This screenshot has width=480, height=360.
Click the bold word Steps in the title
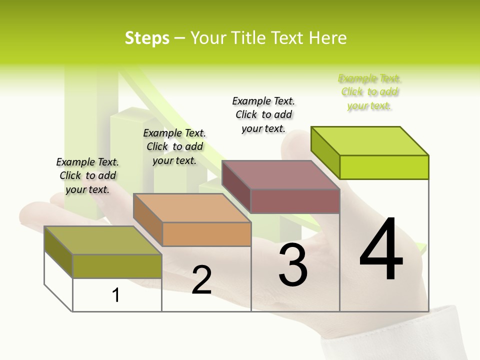click(x=147, y=38)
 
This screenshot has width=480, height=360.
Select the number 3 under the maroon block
click(x=293, y=265)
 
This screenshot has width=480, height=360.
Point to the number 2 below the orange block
click(x=201, y=280)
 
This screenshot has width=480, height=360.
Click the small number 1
click(x=115, y=295)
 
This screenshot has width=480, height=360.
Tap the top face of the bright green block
click(x=370, y=141)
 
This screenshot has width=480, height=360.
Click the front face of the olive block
click(x=117, y=266)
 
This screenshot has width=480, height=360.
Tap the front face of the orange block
click(x=206, y=234)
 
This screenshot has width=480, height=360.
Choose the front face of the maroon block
click(x=295, y=201)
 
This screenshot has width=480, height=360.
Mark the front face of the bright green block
click(x=384, y=167)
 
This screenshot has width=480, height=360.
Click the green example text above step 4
click(x=369, y=92)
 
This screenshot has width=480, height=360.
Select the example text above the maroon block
click(x=263, y=114)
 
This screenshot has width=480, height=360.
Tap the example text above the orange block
click(x=174, y=146)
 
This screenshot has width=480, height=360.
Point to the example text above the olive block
click(x=87, y=175)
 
